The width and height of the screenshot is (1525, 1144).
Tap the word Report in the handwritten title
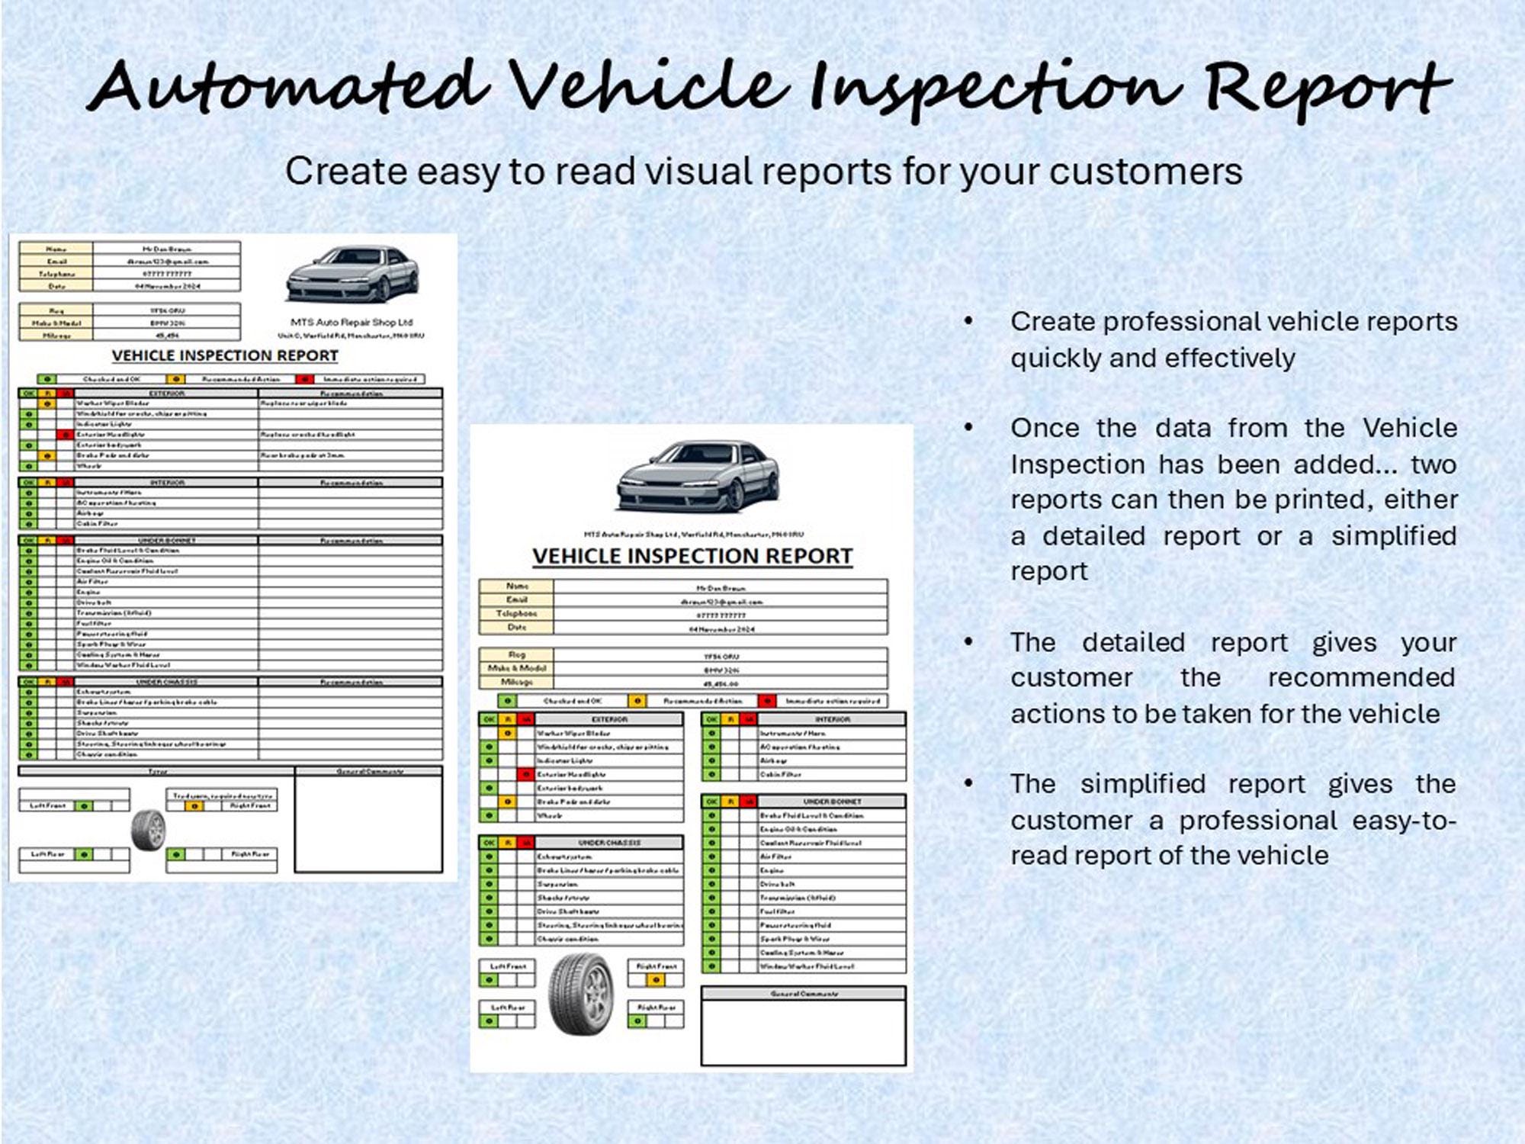(1327, 90)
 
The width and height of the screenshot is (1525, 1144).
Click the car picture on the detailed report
(352, 273)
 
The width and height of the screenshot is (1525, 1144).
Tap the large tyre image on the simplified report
(580, 993)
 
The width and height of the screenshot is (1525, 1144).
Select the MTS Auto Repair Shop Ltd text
(352, 322)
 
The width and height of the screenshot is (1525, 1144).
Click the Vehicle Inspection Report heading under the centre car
(692, 556)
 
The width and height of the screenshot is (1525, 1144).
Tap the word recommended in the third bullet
(1361, 677)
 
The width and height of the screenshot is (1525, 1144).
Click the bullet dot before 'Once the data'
(968, 428)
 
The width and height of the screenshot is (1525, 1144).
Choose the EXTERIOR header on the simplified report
(609, 719)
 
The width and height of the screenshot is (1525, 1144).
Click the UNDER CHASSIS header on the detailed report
(166, 682)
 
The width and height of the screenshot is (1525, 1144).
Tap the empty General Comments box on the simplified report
(803, 1033)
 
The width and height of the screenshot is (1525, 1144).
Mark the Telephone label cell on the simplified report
(516, 613)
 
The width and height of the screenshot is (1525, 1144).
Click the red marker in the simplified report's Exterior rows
(525, 774)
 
